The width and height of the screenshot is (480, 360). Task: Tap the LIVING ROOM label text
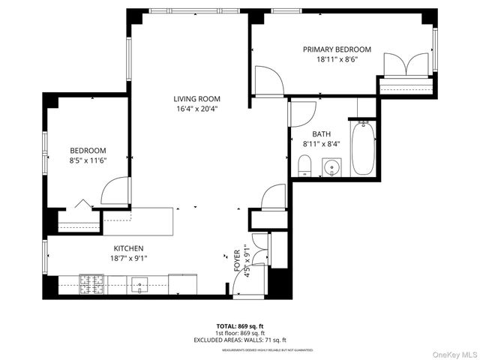196,99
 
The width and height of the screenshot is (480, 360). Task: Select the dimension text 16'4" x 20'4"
196,109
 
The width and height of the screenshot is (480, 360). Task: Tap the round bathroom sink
331,166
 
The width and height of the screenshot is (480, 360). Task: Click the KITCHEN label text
128,248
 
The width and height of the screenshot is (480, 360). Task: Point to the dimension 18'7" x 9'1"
128,258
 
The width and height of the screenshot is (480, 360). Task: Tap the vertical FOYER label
238,258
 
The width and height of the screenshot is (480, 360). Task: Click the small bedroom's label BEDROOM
88,150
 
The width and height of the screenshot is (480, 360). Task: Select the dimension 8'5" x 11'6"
88,160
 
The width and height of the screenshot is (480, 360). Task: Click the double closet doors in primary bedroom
406,66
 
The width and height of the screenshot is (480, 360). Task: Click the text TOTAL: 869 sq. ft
239,326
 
